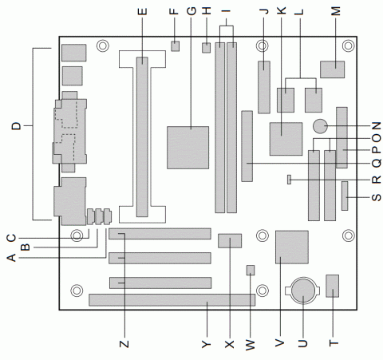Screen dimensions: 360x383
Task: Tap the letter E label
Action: (x=143, y=13)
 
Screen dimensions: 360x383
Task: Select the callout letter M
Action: (x=336, y=13)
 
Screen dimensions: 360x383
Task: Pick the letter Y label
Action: (x=206, y=343)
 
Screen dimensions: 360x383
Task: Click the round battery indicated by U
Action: (x=303, y=290)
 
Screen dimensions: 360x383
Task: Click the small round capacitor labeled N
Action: (x=322, y=126)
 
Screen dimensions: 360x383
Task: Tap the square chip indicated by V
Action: (x=290, y=246)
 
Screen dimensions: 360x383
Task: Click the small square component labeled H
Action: (x=206, y=49)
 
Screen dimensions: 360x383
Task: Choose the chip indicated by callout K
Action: (x=286, y=138)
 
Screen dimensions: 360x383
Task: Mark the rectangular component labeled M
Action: (x=331, y=70)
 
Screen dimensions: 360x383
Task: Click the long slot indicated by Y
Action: (x=172, y=300)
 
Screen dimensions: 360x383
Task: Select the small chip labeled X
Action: (x=229, y=240)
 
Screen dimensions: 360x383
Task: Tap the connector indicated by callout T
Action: (x=333, y=285)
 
